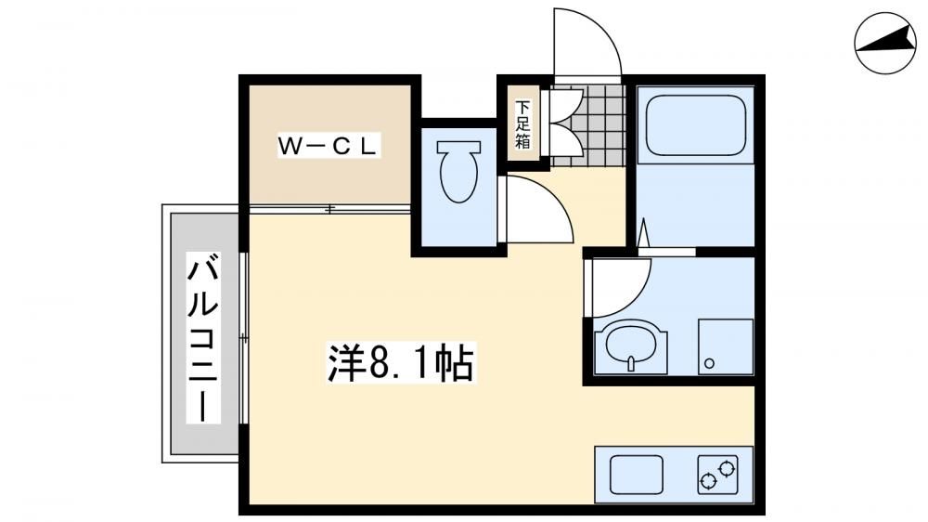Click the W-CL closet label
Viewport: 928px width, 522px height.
click(x=329, y=146)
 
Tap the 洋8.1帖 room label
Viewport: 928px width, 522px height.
click(x=401, y=362)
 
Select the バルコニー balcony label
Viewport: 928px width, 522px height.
click(x=203, y=337)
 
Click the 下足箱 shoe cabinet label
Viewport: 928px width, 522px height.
click(x=522, y=124)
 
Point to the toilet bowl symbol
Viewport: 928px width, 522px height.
click(x=458, y=171)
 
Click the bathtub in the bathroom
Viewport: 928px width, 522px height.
click(x=695, y=125)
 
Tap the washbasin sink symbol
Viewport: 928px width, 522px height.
click(x=631, y=349)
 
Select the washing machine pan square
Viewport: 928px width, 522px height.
click(x=726, y=346)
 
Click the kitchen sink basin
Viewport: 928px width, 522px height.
click(x=637, y=475)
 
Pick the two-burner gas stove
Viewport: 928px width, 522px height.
click(x=718, y=475)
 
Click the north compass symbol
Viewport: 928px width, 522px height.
click(x=885, y=43)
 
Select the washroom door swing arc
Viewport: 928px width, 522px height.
click(x=632, y=296)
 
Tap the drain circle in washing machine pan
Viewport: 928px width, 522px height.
click(x=709, y=363)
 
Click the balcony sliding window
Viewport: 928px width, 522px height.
click(x=243, y=338)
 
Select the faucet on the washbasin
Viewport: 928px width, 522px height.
click(x=631, y=362)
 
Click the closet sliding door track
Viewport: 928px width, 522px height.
click(x=329, y=209)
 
